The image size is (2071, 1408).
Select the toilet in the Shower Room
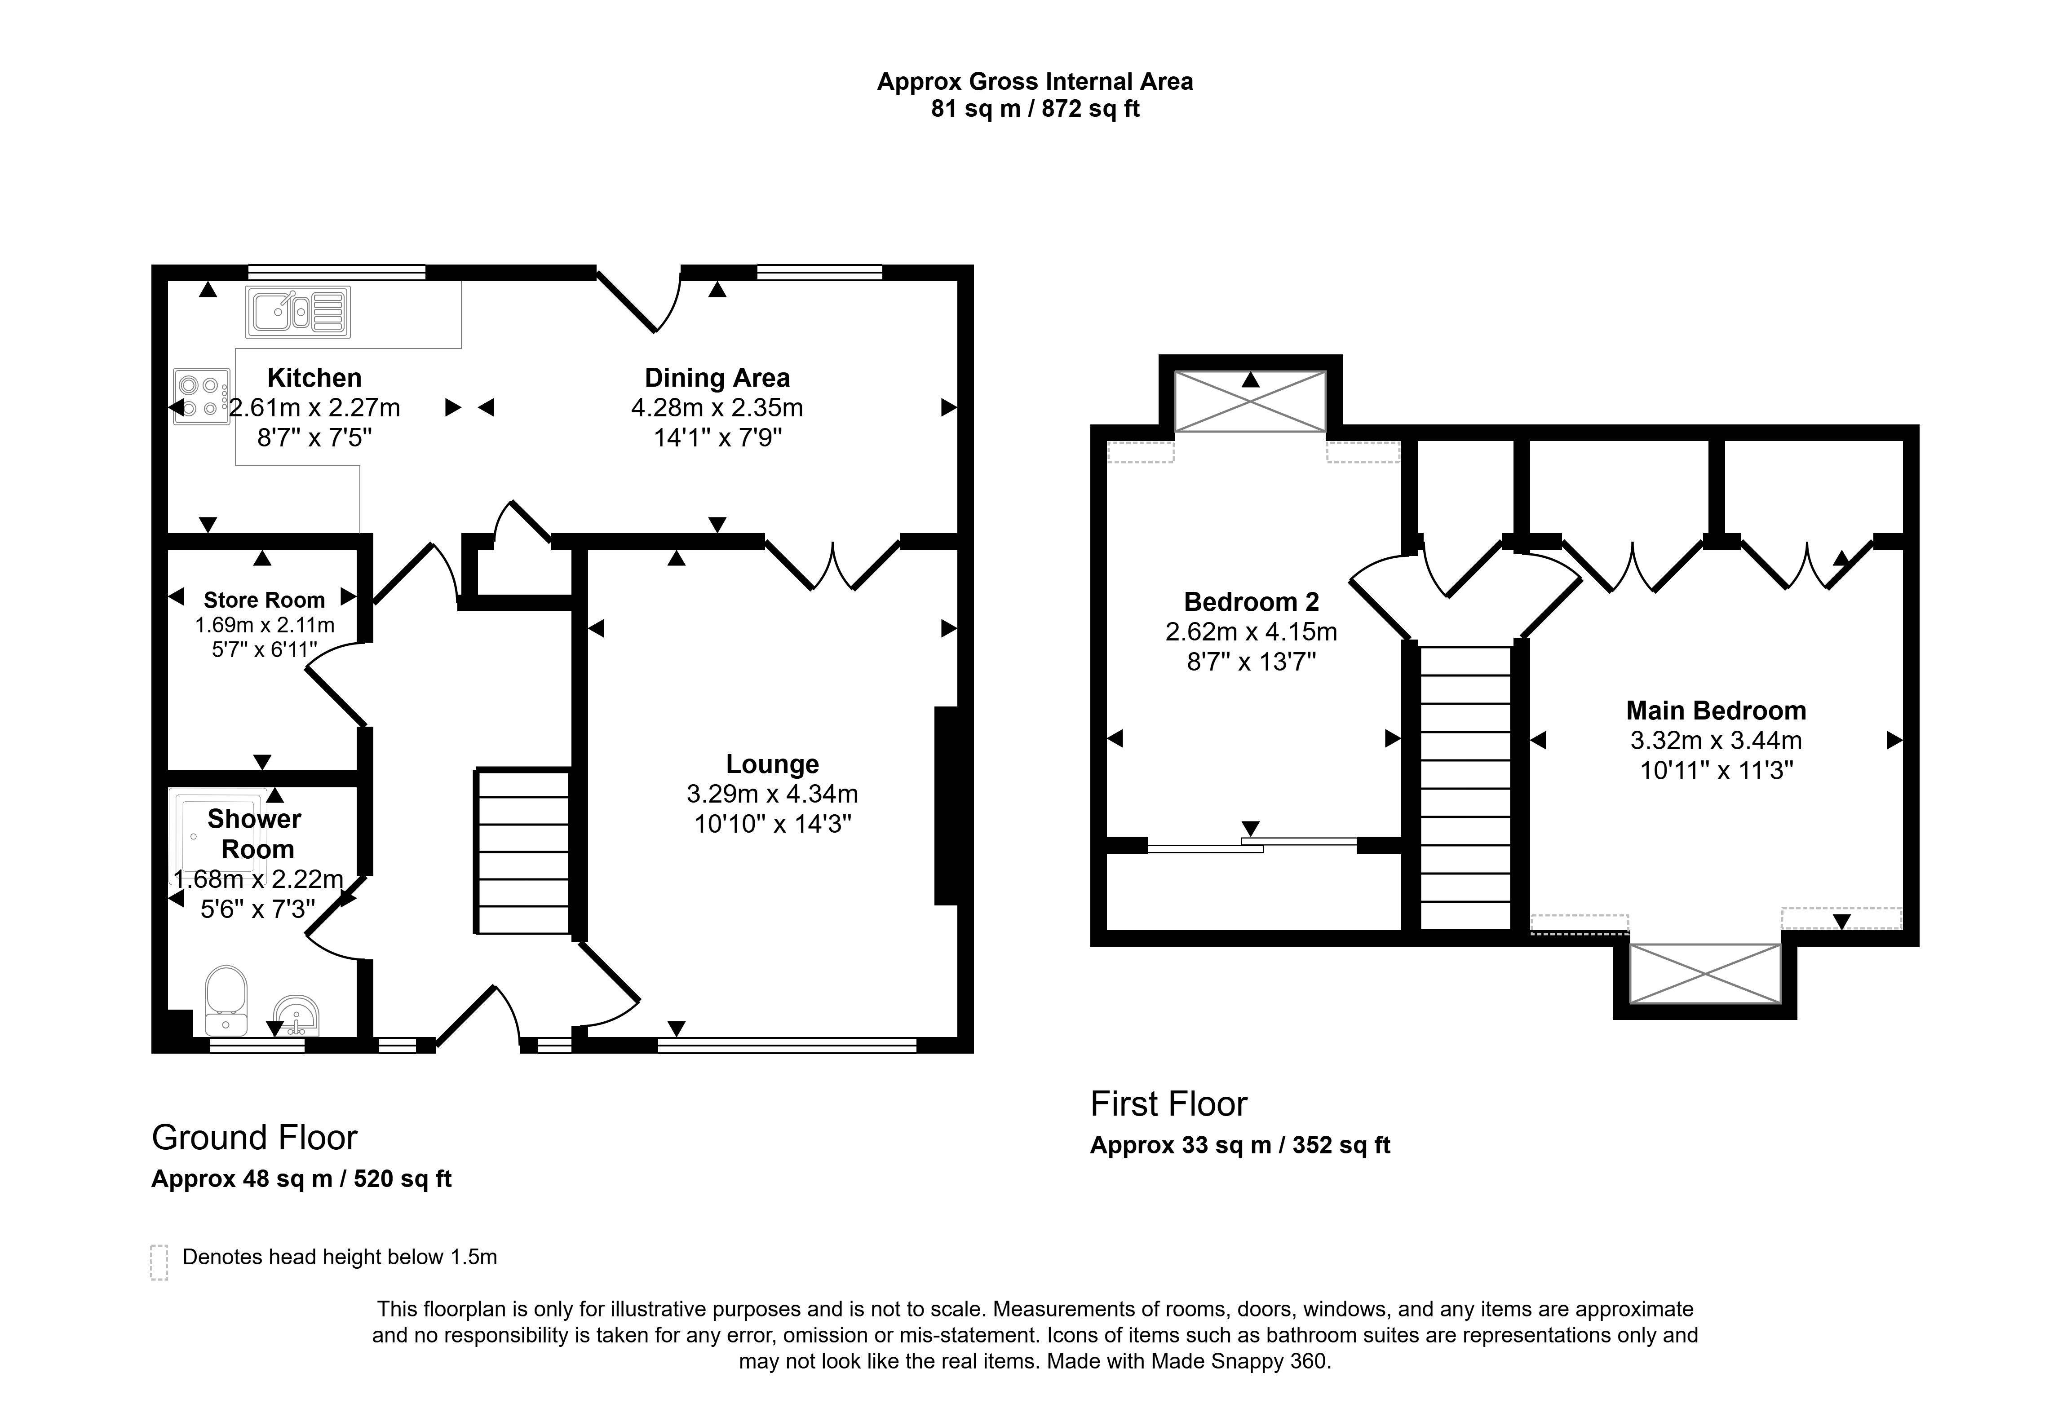click(226, 1001)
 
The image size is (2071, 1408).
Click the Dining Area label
click(717, 378)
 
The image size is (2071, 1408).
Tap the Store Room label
click(264, 600)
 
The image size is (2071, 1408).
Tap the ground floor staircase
click(523, 851)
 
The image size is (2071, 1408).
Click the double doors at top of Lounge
click(833, 565)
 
